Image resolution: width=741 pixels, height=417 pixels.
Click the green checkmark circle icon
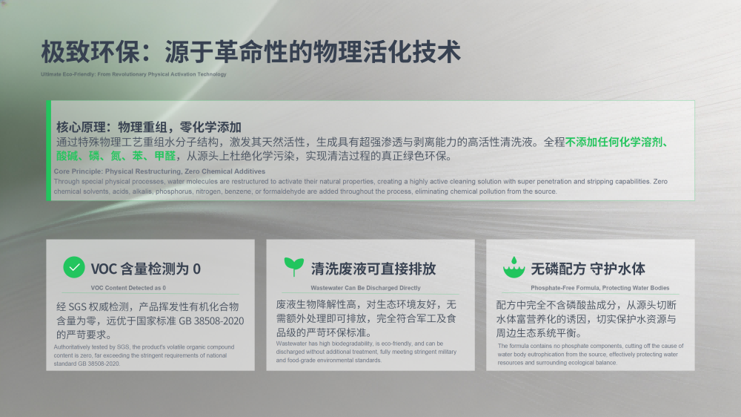click(74, 267)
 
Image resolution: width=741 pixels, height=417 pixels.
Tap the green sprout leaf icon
click(294, 267)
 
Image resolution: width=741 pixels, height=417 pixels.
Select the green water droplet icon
click(514, 267)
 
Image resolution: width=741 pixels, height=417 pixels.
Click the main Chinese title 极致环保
click(90, 52)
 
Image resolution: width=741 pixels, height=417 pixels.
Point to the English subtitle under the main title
click(133, 74)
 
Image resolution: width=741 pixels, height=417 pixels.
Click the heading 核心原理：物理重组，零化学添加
click(149, 127)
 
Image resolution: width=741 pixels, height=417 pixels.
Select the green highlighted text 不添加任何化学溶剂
click(614, 142)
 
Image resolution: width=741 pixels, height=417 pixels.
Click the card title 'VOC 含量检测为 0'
click(145, 269)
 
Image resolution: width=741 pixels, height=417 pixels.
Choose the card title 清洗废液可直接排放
click(373, 269)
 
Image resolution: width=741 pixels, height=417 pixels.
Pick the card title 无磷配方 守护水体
click(588, 269)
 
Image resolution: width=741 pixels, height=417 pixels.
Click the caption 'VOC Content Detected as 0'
click(128, 288)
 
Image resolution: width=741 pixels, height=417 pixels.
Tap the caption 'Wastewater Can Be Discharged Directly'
click(365, 288)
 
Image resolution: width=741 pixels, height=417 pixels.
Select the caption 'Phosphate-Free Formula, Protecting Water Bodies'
click(599, 288)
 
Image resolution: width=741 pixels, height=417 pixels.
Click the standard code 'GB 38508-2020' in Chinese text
click(211, 321)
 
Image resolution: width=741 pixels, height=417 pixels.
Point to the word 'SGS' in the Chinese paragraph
click(78, 306)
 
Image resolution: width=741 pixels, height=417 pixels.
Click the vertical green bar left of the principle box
click(49, 151)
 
